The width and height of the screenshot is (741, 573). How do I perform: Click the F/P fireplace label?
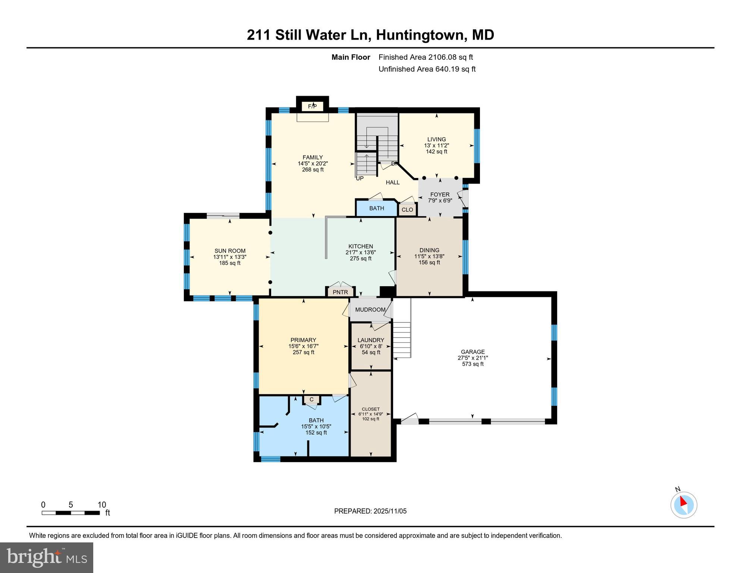pos(312,107)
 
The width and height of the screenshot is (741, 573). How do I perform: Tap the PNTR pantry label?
pos(340,292)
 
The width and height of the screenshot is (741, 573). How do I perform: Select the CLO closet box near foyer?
pos(407,210)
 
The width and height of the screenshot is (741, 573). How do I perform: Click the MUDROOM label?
pos(370,310)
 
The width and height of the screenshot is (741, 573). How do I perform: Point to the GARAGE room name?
pos(472,352)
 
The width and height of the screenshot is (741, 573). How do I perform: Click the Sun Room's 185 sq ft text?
pos(230,263)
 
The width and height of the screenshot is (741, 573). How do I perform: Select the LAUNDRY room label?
pos(370,340)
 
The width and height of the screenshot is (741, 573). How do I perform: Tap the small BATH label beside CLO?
pos(376,208)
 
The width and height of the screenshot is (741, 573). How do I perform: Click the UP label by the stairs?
pos(359,179)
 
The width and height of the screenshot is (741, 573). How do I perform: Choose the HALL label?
pos(392,182)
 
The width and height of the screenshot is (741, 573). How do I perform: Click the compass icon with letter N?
pos(684,504)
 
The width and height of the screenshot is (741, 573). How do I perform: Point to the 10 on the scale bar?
pos(101,505)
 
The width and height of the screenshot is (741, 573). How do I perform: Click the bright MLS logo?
pos(47,557)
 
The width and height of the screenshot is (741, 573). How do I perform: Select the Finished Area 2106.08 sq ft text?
pos(426,57)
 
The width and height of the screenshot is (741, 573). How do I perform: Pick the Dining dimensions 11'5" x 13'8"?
pos(429,256)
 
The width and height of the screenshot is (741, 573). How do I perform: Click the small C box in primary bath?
pos(311,400)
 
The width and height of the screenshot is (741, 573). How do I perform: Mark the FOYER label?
pos(440,194)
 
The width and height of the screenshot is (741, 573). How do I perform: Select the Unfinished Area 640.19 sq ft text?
pos(427,69)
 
